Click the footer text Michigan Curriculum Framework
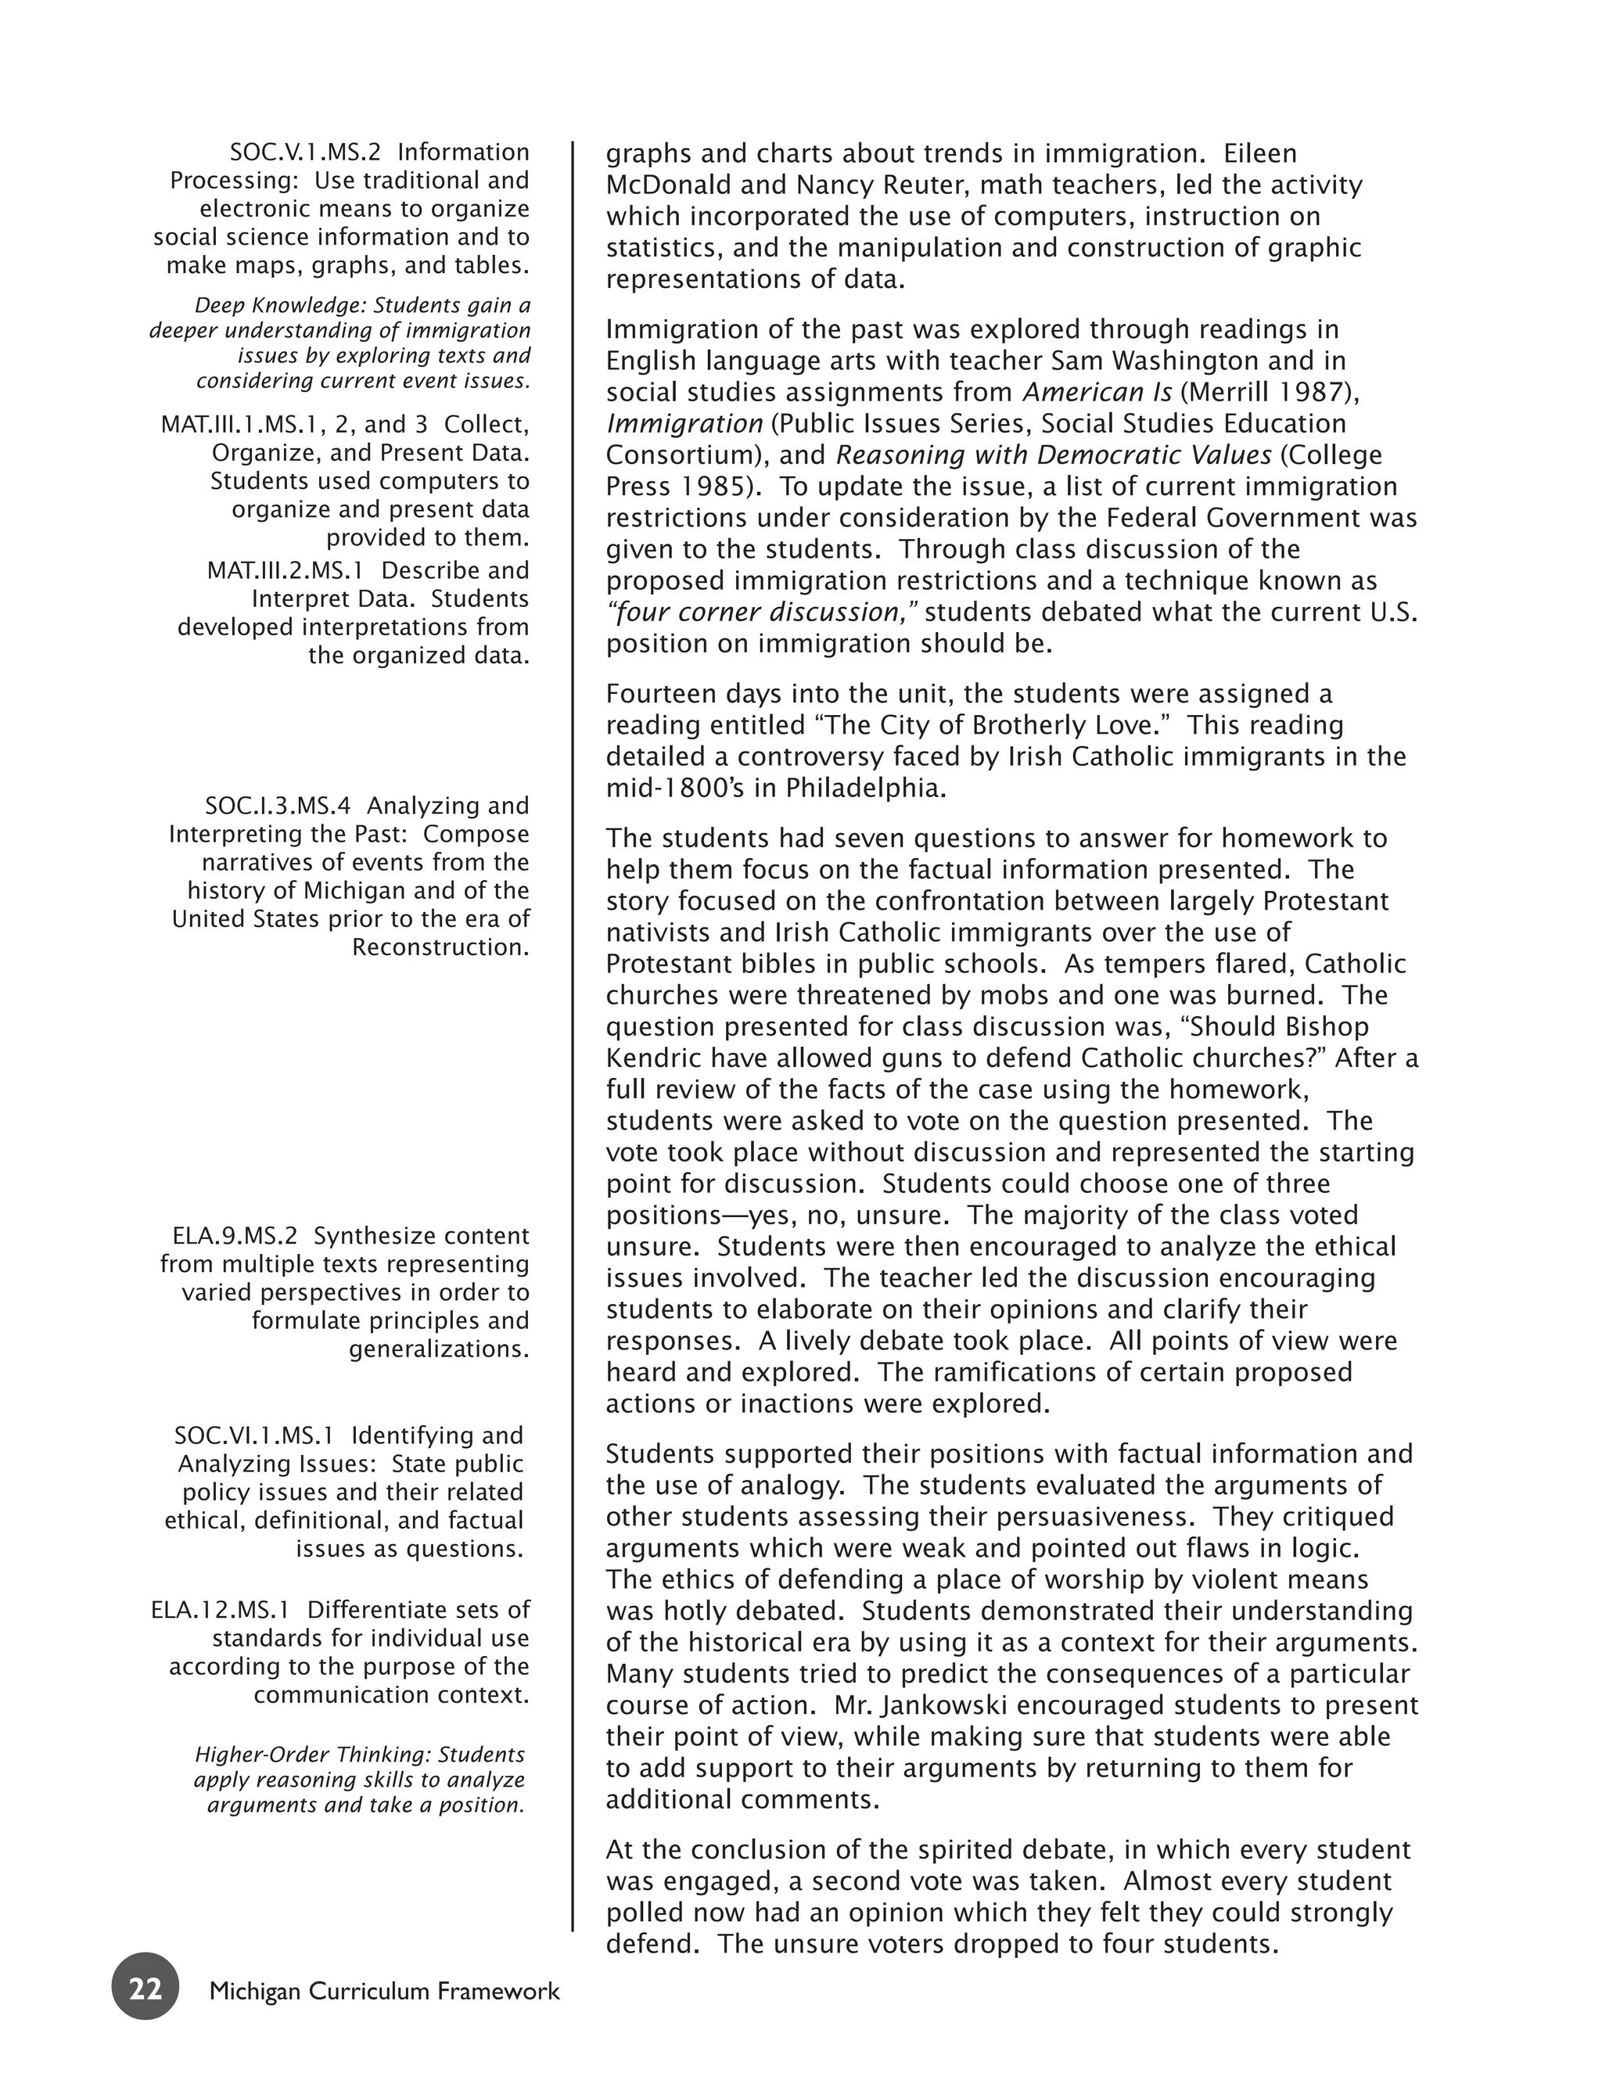[x=384, y=1990]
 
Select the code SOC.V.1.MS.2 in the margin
[x=304, y=152]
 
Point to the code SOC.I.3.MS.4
[x=277, y=806]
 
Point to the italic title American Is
[x=1096, y=392]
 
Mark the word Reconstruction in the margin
[x=440, y=947]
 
